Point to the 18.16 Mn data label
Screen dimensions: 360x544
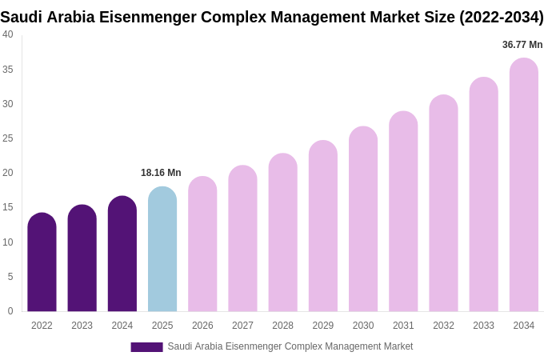pos(161,173)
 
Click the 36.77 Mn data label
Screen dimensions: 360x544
pos(522,45)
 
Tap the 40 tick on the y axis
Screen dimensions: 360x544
pos(8,34)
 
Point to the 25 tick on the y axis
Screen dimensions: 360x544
pos(8,138)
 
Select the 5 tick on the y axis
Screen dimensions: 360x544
pos(10,277)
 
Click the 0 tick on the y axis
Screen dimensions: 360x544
pos(10,311)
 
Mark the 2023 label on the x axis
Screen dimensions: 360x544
pos(82,326)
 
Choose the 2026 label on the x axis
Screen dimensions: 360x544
pos(202,326)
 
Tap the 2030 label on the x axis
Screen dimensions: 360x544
pos(363,326)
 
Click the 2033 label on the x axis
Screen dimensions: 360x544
pos(483,326)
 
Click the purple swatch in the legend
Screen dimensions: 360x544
pos(146,347)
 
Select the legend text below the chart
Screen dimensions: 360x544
pos(290,346)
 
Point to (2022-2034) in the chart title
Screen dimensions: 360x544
pos(501,17)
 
